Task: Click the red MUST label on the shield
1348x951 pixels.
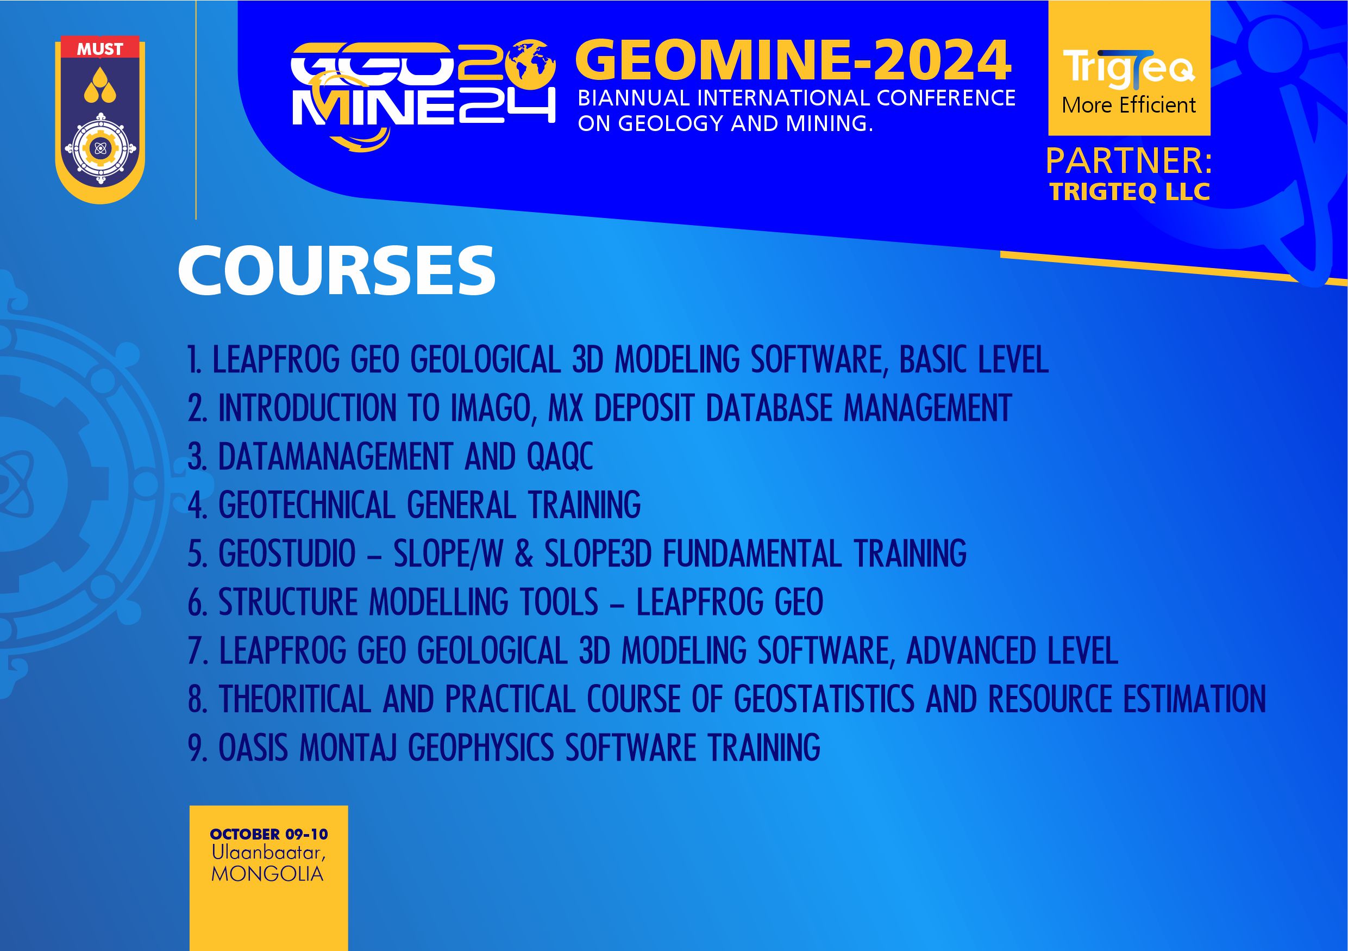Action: coord(100,49)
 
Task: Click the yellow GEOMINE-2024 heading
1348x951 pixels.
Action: coord(793,61)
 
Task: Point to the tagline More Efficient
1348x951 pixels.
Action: coord(1129,105)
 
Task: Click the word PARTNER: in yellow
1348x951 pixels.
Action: coord(1128,161)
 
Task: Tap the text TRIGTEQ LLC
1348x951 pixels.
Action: coord(1130,192)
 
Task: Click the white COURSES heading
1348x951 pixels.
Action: coord(336,271)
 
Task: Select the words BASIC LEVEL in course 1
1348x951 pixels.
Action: coord(974,359)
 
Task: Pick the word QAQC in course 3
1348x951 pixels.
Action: coord(560,456)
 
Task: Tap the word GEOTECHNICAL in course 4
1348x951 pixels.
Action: coord(306,505)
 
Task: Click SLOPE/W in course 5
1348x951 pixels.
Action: coord(448,554)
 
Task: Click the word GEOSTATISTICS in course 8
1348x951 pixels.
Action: coord(824,700)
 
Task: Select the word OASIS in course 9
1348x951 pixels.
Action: coord(253,748)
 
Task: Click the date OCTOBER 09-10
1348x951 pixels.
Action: coord(269,834)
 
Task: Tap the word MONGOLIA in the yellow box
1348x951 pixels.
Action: coord(267,874)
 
